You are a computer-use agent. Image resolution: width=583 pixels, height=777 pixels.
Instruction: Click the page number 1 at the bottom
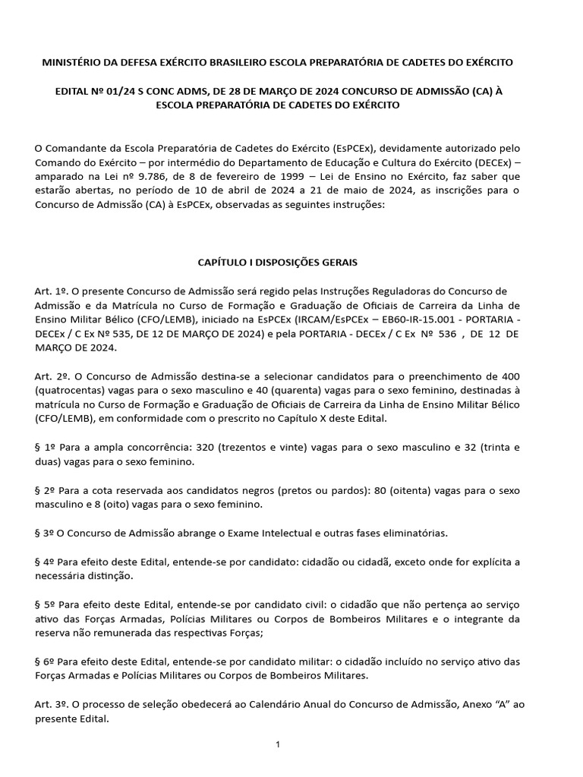click(x=278, y=745)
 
